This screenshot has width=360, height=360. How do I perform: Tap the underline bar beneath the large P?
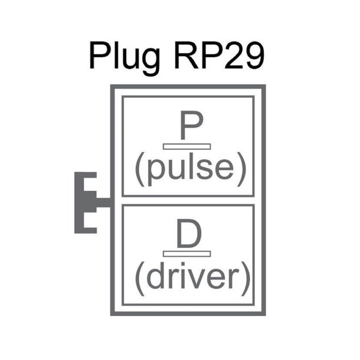(187, 146)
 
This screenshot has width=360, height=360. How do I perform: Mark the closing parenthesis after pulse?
(240, 170)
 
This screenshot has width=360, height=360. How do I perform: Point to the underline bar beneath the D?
(187, 254)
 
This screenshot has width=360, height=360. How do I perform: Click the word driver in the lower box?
(191, 277)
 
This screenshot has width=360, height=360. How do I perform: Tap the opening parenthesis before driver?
(139, 278)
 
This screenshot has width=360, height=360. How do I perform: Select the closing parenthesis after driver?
(243, 278)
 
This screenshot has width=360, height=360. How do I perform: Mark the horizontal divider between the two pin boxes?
(188, 200)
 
